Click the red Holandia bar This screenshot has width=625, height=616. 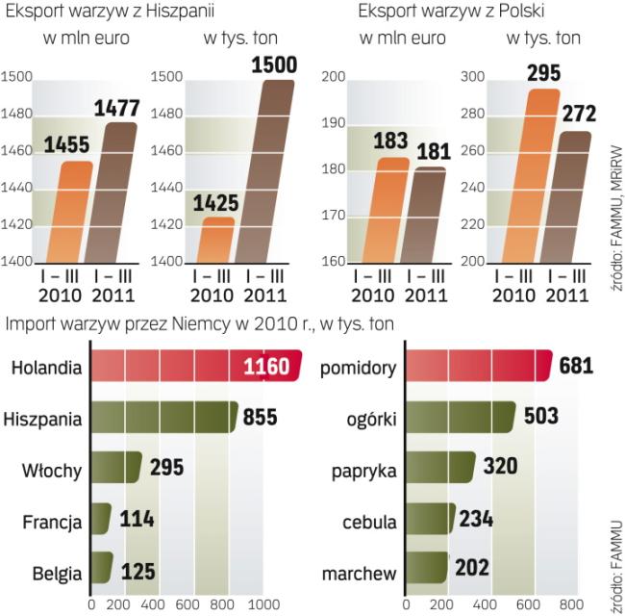pos(192,367)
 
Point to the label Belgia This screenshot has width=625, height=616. pos(54,574)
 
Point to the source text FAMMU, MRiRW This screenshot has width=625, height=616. pos(612,203)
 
